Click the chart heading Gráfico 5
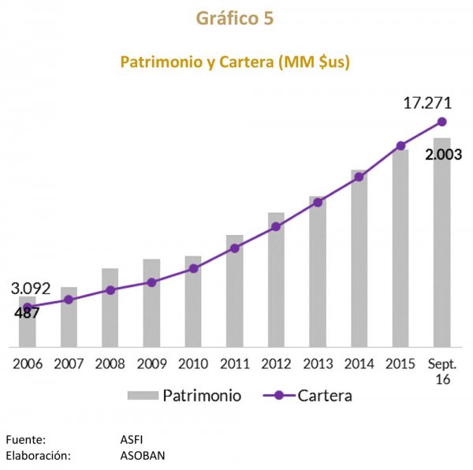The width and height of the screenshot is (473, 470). coord(236,19)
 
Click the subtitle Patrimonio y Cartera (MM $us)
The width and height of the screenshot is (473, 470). coord(235,62)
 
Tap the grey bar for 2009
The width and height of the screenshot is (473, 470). coord(151,308)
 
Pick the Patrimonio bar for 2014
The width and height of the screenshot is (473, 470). coord(359,260)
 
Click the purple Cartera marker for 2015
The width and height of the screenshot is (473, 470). coord(400,146)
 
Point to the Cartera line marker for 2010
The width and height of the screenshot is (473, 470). coord(194,268)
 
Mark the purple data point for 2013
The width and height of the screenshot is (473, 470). coord(318,203)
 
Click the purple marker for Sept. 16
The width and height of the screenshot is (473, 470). coord(442,121)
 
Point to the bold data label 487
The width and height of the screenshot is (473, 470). coord(27,313)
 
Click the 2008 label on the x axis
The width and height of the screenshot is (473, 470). coord(110,364)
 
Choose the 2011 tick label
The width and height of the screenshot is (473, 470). coord(235,364)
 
